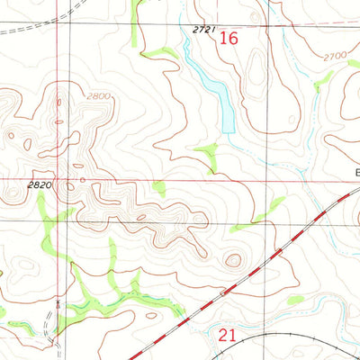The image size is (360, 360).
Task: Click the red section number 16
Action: (x=229, y=39)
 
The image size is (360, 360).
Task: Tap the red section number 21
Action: (x=229, y=336)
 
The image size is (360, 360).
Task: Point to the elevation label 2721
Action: (x=205, y=30)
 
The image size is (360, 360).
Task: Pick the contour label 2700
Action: (x=335, y=56)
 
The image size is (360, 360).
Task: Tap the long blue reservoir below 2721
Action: (x=214, y=90)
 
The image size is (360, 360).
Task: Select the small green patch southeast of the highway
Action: (x=294, y=299)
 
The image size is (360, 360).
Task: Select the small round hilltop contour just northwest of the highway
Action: (x=234, y=260)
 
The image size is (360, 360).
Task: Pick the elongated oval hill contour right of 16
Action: (x=256, y=72)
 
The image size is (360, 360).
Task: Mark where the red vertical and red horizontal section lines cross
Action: (x=68, y=179)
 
